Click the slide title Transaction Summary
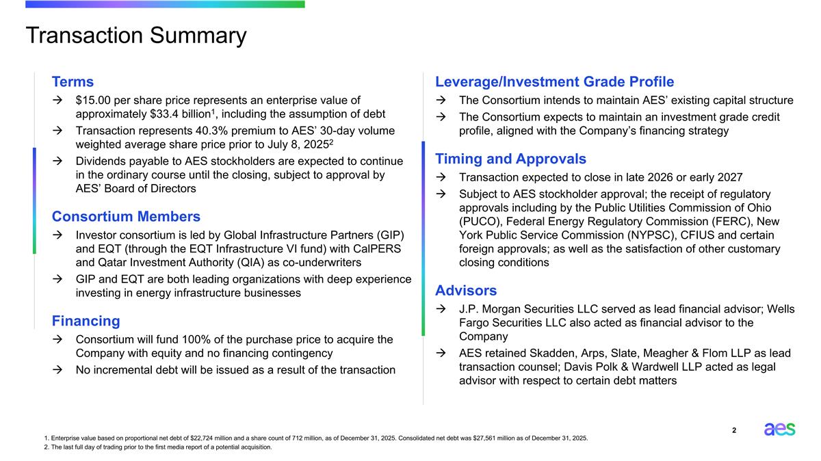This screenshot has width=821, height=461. point(135,36)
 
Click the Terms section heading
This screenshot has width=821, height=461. point(73,81)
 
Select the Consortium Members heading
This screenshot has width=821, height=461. point(126,217)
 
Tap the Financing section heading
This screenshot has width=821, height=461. point(86,321)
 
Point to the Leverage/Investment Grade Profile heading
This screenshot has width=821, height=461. point(554,81)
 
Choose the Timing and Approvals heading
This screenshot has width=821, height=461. point(510,159)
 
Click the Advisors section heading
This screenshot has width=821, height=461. point(466,290)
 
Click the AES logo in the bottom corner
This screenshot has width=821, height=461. point(779,430)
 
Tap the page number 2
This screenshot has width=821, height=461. point(734,430)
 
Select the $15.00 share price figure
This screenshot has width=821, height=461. point(93,101)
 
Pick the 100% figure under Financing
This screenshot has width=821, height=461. point(198,339)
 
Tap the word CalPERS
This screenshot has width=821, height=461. point(377,248)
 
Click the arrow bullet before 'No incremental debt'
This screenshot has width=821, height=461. point(60,370)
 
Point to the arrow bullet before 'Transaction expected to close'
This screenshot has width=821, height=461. point(443,178)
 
